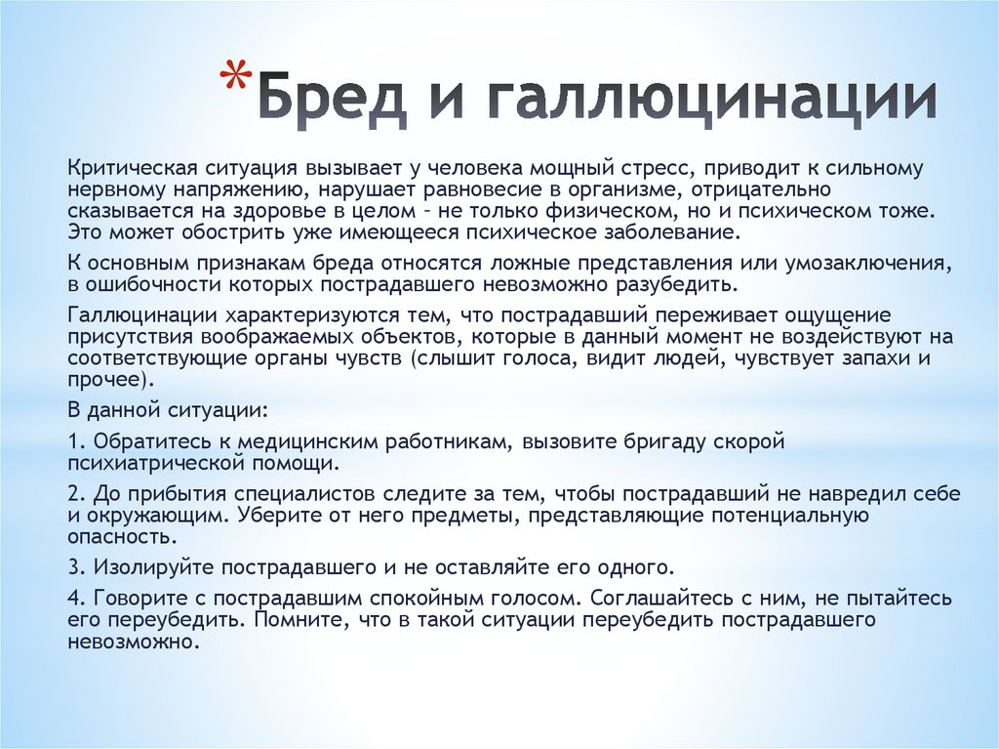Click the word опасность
click(x=121, y=536)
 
